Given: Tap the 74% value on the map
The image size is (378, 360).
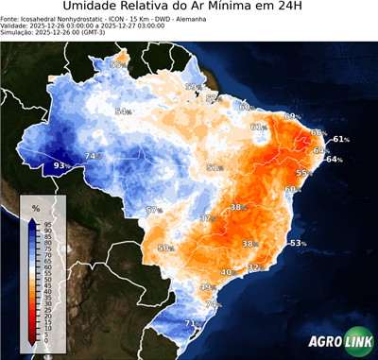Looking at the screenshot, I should click(x=92, y=156).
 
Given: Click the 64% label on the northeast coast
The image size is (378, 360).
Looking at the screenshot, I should click(x=334, y=160).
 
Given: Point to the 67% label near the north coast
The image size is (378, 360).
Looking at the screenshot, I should click(x=193, y=87).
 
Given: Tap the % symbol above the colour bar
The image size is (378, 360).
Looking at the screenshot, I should click(x=36, y=207).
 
